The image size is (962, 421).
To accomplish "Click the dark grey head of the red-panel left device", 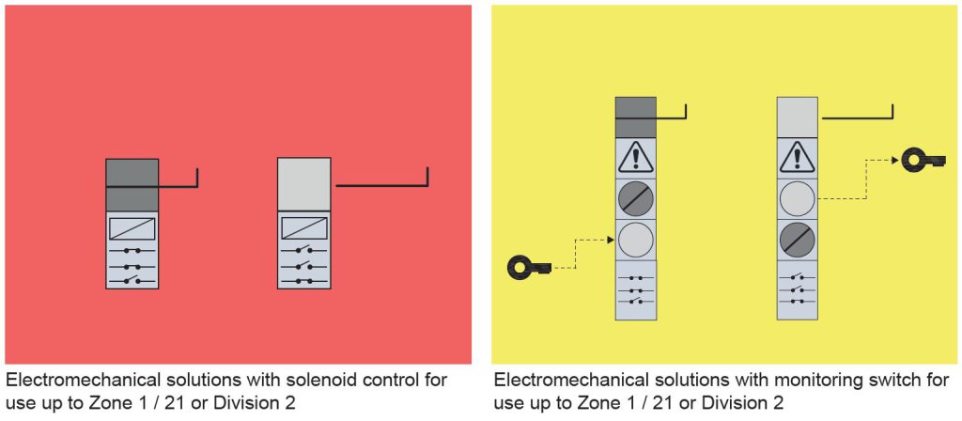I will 132,184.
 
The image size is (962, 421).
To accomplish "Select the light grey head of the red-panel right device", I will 303,184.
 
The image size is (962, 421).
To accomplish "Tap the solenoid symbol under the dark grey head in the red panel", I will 132,228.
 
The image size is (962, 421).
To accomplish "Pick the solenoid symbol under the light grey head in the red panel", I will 303,228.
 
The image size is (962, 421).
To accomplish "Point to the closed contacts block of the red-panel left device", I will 132,266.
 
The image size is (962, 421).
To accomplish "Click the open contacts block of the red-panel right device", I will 303,266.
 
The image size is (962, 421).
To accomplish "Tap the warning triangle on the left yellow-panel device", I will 635,158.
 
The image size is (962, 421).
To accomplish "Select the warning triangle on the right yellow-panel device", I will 797,158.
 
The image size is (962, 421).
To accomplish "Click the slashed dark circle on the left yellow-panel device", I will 635,199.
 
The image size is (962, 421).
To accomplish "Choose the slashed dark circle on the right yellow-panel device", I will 797,240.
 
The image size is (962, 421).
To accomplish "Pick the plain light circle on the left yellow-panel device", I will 635,241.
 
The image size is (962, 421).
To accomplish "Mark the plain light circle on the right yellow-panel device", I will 797,199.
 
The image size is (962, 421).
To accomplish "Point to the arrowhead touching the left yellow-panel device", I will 612,241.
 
